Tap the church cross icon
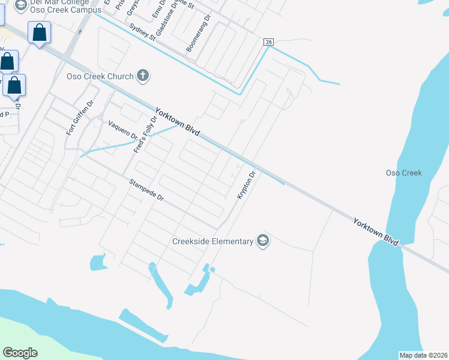[x=142, y=76]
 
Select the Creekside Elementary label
[x=212, y=241]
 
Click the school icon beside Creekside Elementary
[x=262, y=241]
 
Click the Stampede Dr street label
[x=146, y=189]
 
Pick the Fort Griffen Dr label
[x=80, y=118]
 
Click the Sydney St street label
[x=143, y=31]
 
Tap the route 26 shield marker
[x=269, y=41]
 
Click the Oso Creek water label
[x=403, y=173]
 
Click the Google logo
[x=20, y=353]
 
